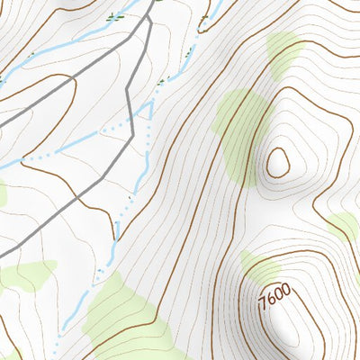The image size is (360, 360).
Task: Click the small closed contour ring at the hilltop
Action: point(277,162)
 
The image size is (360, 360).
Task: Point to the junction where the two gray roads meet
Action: point(147,18)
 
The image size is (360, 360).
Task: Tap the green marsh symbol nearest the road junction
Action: point(114,15)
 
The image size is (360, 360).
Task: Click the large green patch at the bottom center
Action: point(126,310)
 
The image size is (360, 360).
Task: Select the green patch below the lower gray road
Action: point(27,274)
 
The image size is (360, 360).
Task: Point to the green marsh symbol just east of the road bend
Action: point(161,82)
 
